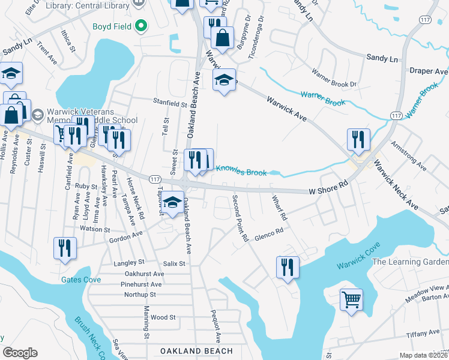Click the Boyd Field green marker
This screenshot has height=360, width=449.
pyautogui.click(x=142, y=26)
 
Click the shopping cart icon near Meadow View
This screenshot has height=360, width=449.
pyautogui.click(x=351, y=299)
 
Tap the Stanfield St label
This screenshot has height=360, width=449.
pyautogui.click(x=170, y=103)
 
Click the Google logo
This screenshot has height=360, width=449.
pyautogui.click(x=20, y=353)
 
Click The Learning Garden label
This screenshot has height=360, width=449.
pyautogui.click(x=410, y=262)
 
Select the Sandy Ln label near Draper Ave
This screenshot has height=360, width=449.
pyautogui.click(x=382, y=59)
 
